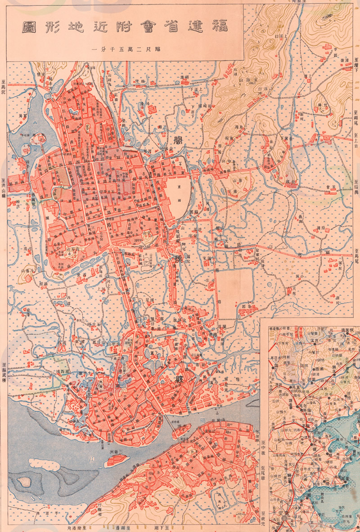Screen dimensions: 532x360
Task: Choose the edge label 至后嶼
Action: [356, 186]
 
